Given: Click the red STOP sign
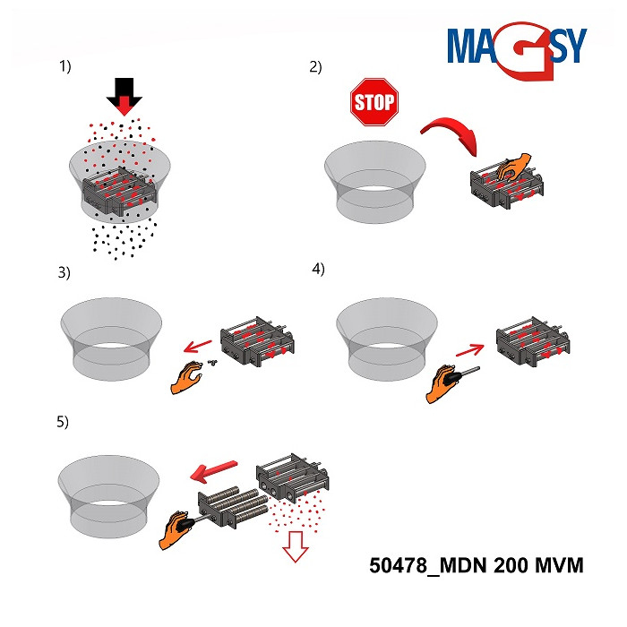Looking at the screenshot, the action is pyautogui.click(x=374, y=102).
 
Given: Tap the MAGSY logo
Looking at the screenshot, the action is pyautogui.click(x=517, y=51).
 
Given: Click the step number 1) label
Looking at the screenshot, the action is pyautogui.click(x=65, y=66).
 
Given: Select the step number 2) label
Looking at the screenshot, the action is pyautogui.click(x=315, y=67).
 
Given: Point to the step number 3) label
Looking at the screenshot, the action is pyautogui.click(x=64, y=272).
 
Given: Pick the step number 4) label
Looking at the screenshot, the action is pyautogui.click(x=318, y=269).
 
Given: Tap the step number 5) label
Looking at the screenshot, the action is pyautogui.click(x=63, y=422).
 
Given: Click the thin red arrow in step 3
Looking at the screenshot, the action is pyautogui.click(x=198, y=347).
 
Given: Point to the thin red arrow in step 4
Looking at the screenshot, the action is pyautogui.click(x=470, y=350).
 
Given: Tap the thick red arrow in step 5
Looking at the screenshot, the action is pyautogui.click(x=213, y=470).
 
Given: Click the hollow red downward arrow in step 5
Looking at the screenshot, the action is pyautogui.click(x=295, y=546).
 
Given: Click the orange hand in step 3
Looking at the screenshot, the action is pyautogui.click(x=186, y=377).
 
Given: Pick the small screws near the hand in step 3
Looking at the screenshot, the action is pyautogui.click(x=212, y=362).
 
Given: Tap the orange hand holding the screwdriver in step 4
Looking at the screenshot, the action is pyautogui.click(x=441, y=383).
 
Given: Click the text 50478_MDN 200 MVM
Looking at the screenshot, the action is pyautogui.click(x=477, y=565).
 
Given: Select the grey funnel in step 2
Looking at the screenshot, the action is pyautogui.click(x=375, y=182).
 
